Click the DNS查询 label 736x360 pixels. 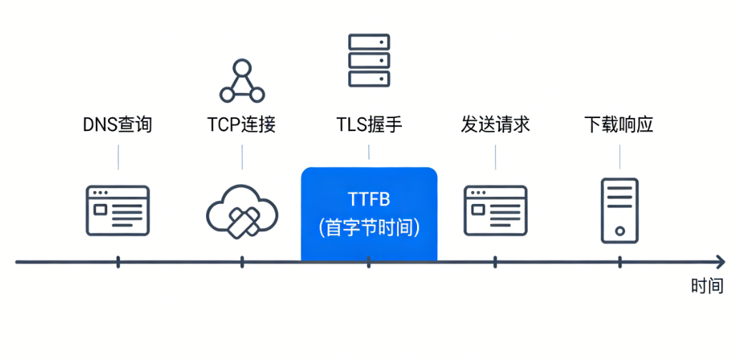[117, 125]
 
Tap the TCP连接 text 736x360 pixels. [242, 125]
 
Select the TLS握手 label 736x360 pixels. [369, 125]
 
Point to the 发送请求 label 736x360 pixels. [495, 125]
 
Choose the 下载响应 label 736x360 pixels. [619, 125]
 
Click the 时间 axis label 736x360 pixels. [707, 286]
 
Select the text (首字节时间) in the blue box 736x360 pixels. [368, 228]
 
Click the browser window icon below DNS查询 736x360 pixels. [118, 210]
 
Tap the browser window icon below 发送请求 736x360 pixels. [495, 210]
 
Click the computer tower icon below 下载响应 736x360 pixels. [619, 210]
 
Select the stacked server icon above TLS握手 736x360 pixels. [369, 60]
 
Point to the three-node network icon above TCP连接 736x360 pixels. [242, 82]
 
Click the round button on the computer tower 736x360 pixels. [619, 230]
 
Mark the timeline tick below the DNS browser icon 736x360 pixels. [118, 262]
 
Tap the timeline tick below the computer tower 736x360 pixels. [619, 262]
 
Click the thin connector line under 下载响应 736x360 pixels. [619, 156]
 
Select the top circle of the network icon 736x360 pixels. [242, 69]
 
